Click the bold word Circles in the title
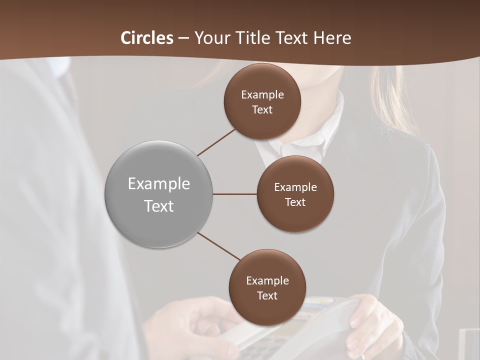(x=147, y=38)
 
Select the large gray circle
(x=159, y=194)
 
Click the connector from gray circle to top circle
(x=217, y=141)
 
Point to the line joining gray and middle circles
(x=235, y=194)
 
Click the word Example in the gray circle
(x=159, y=184)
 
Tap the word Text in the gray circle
(x=159, y=206)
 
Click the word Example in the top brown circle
(x=262, y=94)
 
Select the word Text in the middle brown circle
(x=295, y=202)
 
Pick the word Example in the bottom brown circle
(x=267, y=280)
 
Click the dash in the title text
(x=183, y=38)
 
